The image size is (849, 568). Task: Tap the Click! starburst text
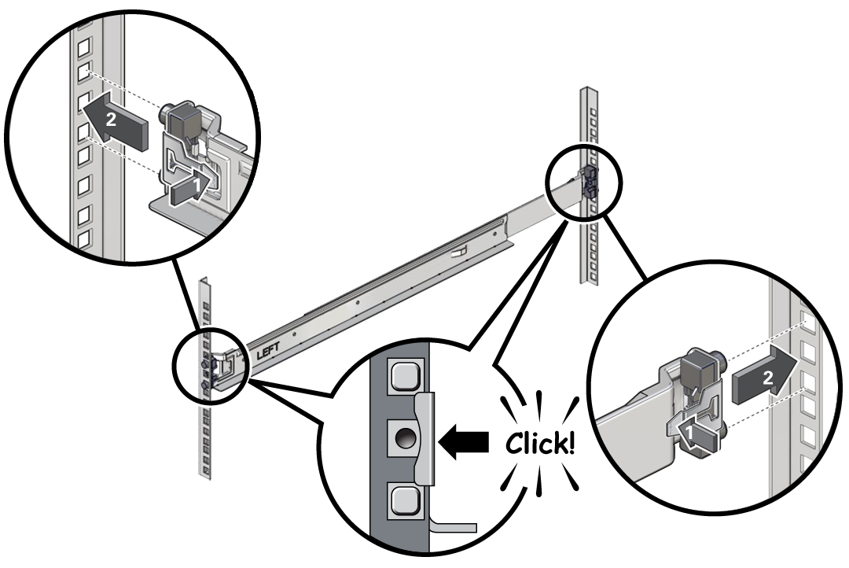pyautogui.click(x=539, y=444)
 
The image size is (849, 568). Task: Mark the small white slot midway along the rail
pyautogui.click(x=458, y=254)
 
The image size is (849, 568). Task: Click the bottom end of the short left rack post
pyautogui.click(x=205, y=474)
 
